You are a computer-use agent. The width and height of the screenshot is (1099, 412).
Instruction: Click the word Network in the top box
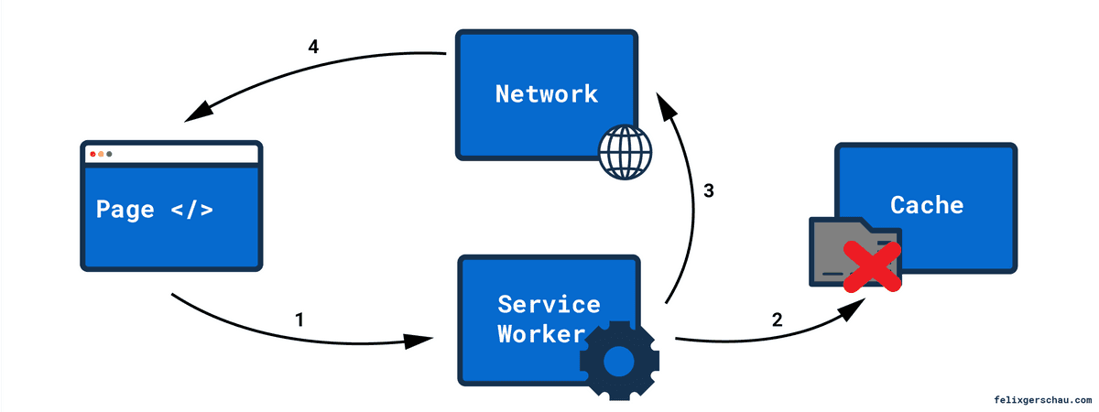coord(546,93)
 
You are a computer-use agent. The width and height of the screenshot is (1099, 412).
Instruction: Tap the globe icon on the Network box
coord(624,152)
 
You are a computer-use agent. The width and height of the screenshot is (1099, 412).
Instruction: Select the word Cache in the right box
coord(927,204)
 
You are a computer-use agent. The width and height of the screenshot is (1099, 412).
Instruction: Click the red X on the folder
coord(871,266)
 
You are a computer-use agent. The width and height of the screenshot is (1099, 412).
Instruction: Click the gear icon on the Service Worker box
coord(618,362)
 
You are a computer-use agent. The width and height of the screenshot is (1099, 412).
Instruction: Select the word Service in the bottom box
coord(549,303)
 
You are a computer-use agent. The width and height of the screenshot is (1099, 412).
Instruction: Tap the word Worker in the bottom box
coord(540,334)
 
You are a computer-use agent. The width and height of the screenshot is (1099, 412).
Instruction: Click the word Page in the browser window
coord(125,209)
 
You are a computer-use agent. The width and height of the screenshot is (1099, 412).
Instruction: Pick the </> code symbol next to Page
coord(191,209)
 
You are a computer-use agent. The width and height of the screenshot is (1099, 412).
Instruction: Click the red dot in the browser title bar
coord(92,154)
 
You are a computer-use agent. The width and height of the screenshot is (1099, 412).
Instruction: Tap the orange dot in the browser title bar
coord(101,154)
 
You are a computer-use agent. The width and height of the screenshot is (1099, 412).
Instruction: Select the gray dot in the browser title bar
coord(109,154)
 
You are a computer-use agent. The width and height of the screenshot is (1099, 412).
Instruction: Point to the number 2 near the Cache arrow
coord(777,320)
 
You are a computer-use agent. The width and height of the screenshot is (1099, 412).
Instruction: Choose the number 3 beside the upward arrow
coord(708,191)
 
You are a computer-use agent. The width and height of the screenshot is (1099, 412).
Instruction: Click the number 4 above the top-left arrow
coord(313,48)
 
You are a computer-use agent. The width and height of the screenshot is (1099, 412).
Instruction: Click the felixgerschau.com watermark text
coord(1042,400)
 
